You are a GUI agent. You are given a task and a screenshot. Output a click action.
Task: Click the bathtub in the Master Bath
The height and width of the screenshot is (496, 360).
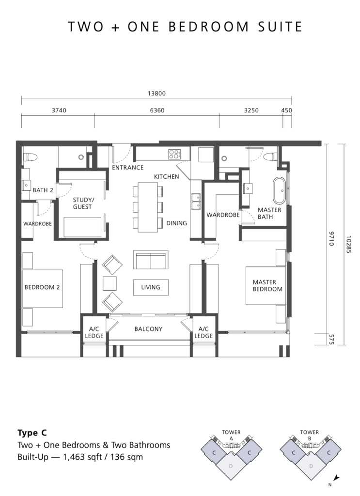coord(280,190)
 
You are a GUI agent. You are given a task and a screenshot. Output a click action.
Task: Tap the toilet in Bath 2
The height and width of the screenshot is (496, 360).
coord(31,157)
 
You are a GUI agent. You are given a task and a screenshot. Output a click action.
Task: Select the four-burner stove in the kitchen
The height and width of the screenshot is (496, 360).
coord(174,155)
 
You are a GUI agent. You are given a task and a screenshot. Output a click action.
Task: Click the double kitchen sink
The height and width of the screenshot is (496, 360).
coord(195,201)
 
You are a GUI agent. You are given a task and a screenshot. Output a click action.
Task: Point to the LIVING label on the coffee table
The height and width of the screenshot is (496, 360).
coord(151,287)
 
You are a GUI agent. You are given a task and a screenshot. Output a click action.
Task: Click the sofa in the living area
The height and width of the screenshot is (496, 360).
coord(151,260)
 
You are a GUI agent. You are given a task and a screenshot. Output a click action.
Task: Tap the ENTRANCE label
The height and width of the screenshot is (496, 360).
coord(128,168)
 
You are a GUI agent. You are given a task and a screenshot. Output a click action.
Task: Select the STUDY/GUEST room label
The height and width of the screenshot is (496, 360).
coord(83,203)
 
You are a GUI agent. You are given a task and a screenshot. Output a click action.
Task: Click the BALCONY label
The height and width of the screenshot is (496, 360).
coord(148,329)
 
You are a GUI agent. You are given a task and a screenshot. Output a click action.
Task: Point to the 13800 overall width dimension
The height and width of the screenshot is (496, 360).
coord(157,93)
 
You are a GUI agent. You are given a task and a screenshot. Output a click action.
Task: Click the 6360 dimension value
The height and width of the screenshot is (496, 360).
coord(157,110)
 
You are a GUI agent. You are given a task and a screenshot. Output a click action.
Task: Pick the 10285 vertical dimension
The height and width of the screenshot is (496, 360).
coord(348,244)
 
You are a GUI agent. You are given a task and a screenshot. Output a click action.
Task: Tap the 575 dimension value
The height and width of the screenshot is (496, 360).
coord(331,339)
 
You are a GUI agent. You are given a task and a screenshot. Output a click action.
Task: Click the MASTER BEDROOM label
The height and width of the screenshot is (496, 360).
coord(267,285)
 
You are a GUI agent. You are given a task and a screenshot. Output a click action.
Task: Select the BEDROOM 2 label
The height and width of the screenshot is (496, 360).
coord(42,287)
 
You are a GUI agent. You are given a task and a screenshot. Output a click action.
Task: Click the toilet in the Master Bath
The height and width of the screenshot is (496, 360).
coord(271,156)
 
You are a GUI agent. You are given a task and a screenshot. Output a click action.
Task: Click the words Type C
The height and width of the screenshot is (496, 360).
coord(32,433)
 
